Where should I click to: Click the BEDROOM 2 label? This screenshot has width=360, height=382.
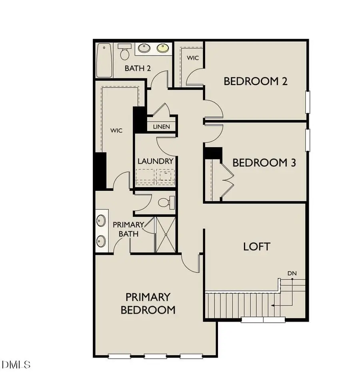(x=255, y=82)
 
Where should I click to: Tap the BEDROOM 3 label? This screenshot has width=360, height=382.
(x=264, y=163)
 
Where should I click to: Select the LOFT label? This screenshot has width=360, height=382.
(x=256, y=246)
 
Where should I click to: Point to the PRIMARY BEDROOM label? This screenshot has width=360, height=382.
(x=148, y=303)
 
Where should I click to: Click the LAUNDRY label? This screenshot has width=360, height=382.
(x=155, y=161)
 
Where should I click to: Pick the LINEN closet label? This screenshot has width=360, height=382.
(x=161, y=127)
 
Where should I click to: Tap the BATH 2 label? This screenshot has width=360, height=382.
(x=138, y=68)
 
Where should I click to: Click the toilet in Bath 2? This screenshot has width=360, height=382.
(x=124, y=52)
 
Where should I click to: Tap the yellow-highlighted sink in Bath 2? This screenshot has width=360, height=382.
(x=162, y=49)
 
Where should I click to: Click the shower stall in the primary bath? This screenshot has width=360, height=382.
(x=165, y=234)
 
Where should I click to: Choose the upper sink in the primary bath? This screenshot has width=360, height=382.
(x=101, y=220)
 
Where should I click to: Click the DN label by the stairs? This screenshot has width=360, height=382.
(x=292, y=273)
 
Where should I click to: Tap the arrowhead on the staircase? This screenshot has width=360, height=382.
(x=273, y=305)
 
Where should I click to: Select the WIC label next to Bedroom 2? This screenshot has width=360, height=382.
(x=193, y=58)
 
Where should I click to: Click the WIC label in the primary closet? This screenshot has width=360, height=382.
(x=116, y=130)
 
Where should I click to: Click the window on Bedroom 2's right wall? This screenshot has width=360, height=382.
(x=308, y=102)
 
